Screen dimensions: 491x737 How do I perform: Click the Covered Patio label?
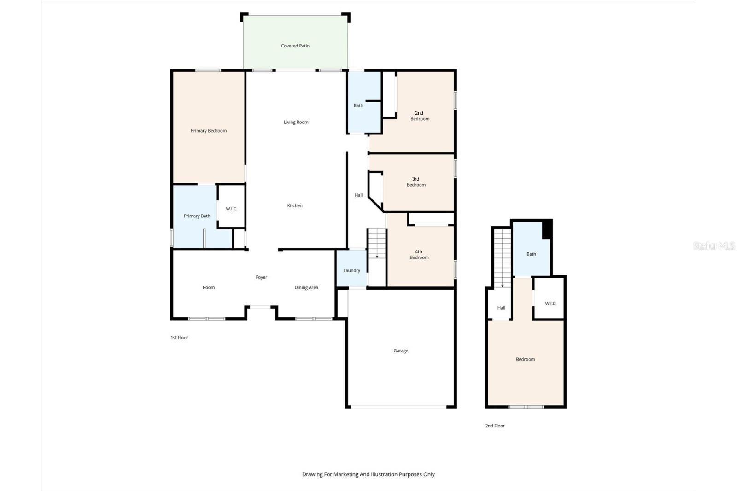tap(295, 46)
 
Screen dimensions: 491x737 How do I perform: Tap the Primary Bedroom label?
tap(209, 131)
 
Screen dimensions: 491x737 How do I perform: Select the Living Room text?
tap(296, 122)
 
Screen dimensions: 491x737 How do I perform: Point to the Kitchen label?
tap(295, 205)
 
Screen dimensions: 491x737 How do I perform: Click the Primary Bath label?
tap(197, 216)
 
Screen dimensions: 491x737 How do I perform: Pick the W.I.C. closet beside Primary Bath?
tap(231, 209)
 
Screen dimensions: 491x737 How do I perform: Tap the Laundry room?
tap(351, 270)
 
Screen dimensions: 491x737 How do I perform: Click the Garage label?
tap(401, 351)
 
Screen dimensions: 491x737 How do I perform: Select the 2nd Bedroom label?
tap(420, 116)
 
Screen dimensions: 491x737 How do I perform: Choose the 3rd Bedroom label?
tap(416, 181)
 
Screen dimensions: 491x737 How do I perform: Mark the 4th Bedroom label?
tap(419, 254)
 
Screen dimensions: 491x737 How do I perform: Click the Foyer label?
tap(262, 277)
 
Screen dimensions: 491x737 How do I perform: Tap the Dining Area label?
tap(306, 287)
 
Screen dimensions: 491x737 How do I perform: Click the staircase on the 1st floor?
tap(377, 244)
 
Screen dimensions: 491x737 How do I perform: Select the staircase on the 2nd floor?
tap(502, 258)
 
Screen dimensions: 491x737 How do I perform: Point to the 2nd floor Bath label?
tap(531, 254)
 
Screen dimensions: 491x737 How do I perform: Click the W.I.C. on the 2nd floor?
tap(550, 304)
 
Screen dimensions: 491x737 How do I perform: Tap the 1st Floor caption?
tap(179, 338)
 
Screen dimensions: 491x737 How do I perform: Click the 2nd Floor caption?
tap(495, 426)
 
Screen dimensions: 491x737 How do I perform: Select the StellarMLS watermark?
tap(714, 245)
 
